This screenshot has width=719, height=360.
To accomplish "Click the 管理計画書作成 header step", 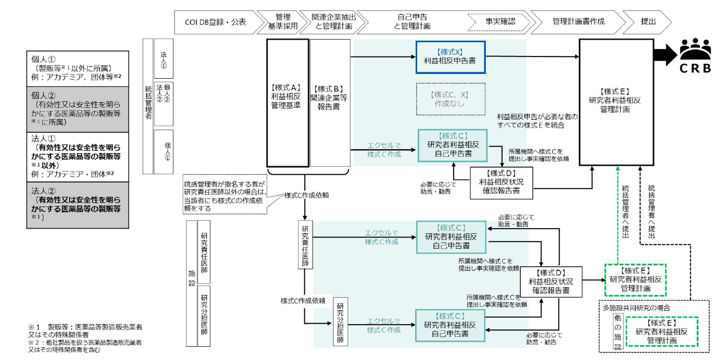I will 578,22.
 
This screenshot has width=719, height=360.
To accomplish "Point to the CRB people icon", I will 695,50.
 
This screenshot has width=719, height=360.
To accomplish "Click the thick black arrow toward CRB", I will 666,53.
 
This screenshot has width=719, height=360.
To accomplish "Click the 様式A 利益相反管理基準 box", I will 287,102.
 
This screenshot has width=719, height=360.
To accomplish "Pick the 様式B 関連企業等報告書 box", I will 330,102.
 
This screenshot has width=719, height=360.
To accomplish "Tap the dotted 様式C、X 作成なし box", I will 450,99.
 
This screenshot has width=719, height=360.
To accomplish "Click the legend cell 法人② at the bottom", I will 77,205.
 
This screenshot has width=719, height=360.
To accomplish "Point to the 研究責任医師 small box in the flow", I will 305,246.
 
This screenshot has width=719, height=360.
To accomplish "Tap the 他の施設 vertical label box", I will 617,331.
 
